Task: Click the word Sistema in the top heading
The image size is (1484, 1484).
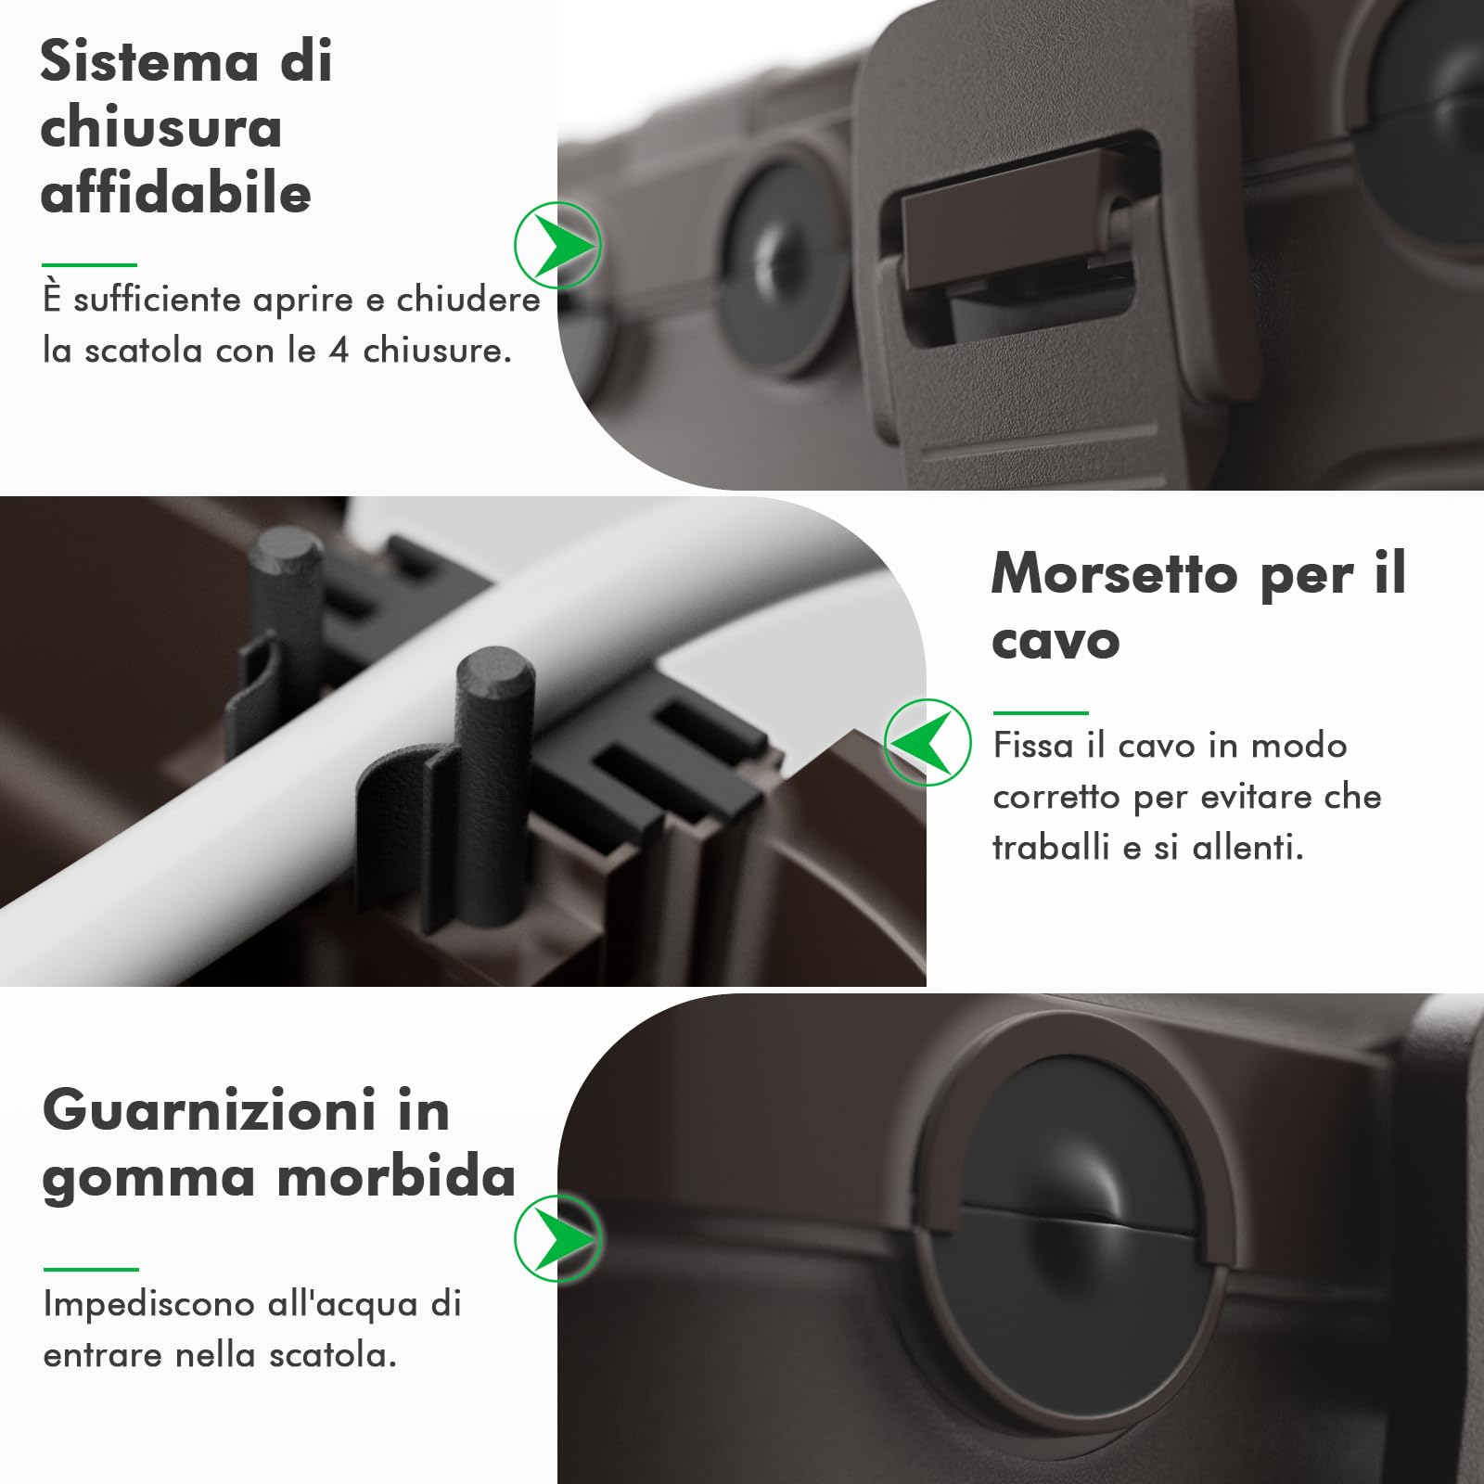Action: [x=148, y=62]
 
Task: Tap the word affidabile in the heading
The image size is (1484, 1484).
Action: [x=175, y=194]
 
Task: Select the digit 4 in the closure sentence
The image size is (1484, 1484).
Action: [x=339, y=352]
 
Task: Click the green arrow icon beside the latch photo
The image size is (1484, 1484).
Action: [x=558, y=246]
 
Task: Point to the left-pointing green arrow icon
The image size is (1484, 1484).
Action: [x=927, y=742]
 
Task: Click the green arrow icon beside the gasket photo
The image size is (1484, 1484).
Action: [x=558, y=1239]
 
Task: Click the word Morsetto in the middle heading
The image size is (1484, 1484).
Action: [x=1114, y=574]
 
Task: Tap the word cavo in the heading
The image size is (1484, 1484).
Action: [x=1055, y=641]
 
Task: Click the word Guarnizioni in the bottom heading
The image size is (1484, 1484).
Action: [x=210, y=1110]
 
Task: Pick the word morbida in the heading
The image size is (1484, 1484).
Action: [x=396, y=1177]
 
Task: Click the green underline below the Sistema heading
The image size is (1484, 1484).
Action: [x=89, y=265]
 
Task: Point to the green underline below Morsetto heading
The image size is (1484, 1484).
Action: [x=1040, y=713]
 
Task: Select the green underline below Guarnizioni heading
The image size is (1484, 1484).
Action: [x=91, y=1270]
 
